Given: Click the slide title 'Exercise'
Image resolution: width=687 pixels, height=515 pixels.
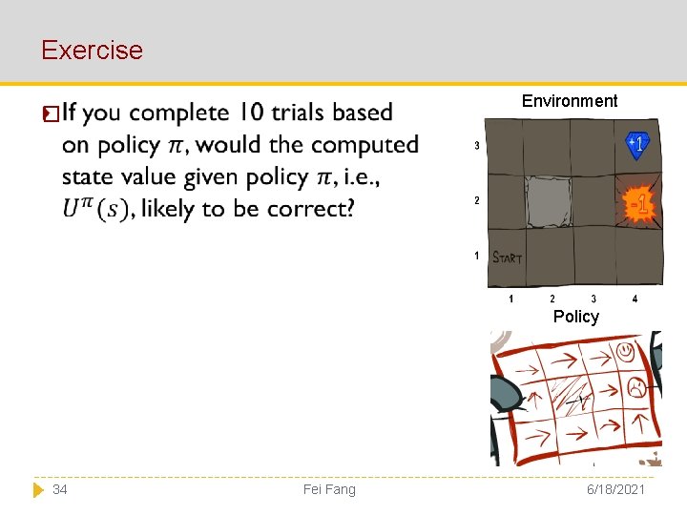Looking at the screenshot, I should [x=92, y=50].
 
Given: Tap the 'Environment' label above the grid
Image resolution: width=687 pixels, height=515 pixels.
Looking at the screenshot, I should [x=570, y=101].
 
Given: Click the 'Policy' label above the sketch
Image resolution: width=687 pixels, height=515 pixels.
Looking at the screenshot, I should [x=575, y=317].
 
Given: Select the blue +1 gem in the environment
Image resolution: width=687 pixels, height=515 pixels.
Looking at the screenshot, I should [x=637, y=144].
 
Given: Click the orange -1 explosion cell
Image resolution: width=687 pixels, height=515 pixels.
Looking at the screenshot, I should [x=638, y=203].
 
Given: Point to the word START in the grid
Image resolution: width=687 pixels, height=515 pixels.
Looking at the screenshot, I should [x=508, y=257].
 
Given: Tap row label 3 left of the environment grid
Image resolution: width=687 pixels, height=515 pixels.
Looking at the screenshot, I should [x=476, y=146].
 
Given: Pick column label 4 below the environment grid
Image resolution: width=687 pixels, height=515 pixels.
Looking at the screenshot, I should [x=635, y=299].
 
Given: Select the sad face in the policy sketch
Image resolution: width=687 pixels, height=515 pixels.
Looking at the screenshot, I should [x=635, y=386].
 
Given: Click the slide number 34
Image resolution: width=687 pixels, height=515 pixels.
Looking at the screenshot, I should [x=60, y=489].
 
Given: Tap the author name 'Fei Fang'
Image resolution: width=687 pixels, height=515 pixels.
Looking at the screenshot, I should [x=329, y=489].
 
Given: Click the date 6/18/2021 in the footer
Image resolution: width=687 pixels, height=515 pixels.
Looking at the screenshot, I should [x=617, y=489].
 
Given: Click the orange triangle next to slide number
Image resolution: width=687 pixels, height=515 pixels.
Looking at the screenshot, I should [x=38, y=489].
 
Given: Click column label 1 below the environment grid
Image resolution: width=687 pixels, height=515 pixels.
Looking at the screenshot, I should [x=510, y=299].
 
